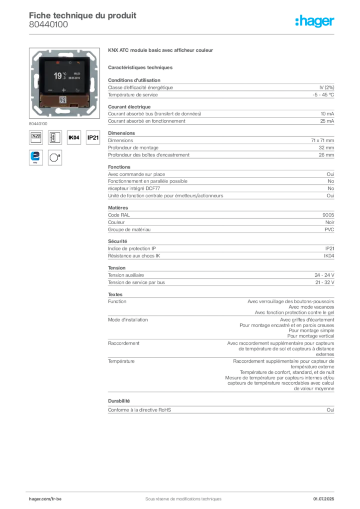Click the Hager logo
tap(315, 21)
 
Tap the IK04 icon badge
tap(74, 138)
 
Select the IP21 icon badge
tap(93, 138)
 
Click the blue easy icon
tap(36, 158)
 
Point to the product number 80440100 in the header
tap(48, 25)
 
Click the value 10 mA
tap(327, 114)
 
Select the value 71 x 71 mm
tap(322, 141)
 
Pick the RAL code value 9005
tap(328, 215)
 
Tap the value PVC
tap(329, 230)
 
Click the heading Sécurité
tap(117, 241)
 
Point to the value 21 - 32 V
tap(325, 282)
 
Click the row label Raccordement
tap(124, 343)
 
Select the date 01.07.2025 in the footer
tap(324, 499)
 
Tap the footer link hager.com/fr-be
tap(45, 499)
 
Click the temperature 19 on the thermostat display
tap(58, 76)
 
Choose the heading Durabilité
tap(119, 401)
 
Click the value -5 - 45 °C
tap(323, 95)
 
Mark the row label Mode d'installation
tap(128, 320)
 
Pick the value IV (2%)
tap(327, 87)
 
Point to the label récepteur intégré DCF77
tap(134, 188)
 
